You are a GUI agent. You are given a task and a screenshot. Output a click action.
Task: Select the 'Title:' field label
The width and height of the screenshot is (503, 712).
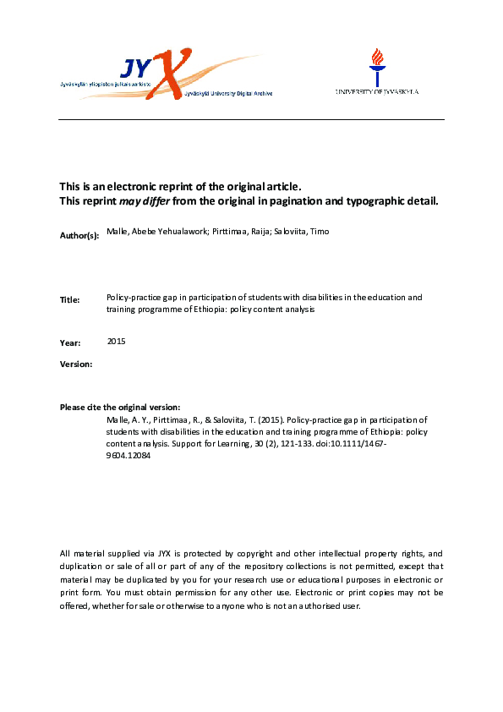click(x=70, y=300)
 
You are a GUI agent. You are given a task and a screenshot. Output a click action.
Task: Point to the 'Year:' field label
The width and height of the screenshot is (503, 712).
click(x=70, y=343)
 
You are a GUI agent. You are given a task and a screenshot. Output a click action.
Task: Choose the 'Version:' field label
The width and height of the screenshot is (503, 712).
click(x=76, y=364)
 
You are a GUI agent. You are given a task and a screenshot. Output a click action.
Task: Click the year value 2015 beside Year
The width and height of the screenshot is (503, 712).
click(x=117, y=341)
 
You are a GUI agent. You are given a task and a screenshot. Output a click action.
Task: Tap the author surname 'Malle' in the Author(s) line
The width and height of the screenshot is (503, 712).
click(x=118, y=229)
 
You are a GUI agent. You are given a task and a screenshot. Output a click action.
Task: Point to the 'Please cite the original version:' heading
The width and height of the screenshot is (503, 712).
click(x=120, y=408)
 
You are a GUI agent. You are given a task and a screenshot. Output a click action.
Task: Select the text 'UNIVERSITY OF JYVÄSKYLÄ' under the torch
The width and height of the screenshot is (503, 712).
click(x=377, y=91)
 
